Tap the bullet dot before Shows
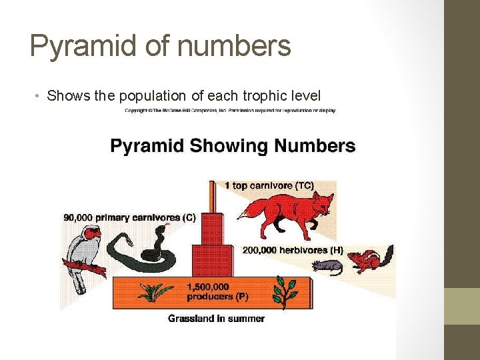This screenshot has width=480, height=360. pos(40,96)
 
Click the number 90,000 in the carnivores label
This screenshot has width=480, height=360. pos(78,217)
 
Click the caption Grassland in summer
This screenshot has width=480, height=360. pos(216,318)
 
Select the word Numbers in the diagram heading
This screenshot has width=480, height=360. pos(314,146)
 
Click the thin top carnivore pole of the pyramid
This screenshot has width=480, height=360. pos(212,197)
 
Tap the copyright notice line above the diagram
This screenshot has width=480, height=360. pos(230,111)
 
